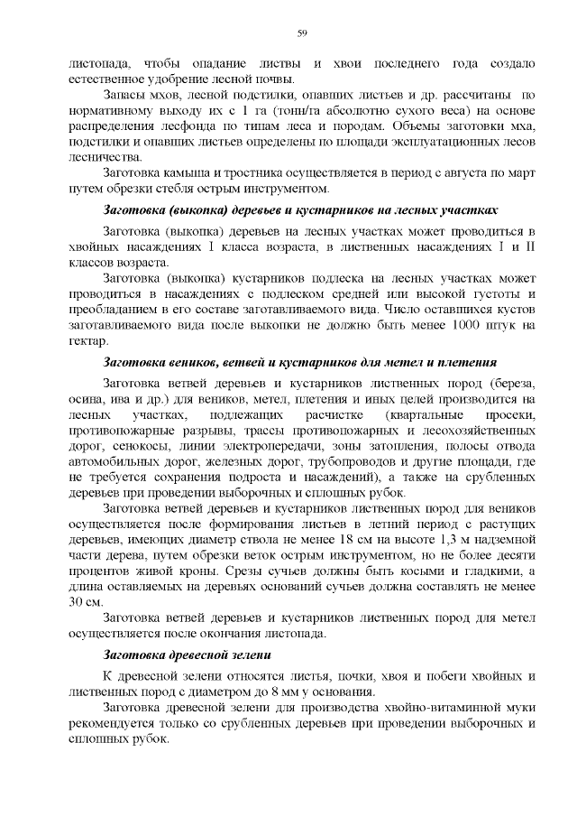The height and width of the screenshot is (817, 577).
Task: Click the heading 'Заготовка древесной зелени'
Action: tap(188, 654)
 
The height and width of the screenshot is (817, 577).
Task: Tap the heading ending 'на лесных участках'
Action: tap(301, 209)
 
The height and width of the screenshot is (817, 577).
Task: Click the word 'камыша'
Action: tap(197, 172)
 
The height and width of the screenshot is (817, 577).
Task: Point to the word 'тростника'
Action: tap(254, 172)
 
